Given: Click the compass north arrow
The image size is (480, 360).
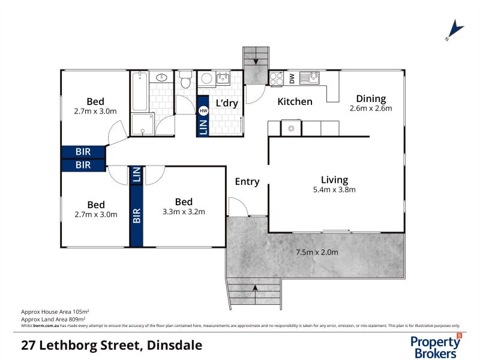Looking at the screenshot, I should coord(455,30).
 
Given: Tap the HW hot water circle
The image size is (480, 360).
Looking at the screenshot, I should coord(203,111).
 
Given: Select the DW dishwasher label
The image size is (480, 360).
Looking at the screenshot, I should coord(292,77).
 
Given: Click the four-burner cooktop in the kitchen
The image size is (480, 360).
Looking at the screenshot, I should coord(277,77).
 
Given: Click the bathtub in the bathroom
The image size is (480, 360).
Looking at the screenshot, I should coord(139,91).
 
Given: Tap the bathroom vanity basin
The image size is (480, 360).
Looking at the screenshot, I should coord(161,78).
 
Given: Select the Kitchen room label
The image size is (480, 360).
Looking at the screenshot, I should coord(295,101).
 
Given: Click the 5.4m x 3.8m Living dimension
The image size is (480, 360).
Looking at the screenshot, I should coord(334,190).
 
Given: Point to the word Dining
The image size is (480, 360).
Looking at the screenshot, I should coord(371,98).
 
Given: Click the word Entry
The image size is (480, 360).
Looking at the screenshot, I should coord(247,182).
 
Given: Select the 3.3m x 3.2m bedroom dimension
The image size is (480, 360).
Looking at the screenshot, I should coord(184,212).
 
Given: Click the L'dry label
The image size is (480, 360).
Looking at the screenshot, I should coord(227,103).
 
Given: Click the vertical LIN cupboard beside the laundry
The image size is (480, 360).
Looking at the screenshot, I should coord(203,127).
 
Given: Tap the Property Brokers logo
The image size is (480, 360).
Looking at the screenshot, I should coord(436,346).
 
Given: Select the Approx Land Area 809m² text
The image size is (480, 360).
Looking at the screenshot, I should coord(55,319).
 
